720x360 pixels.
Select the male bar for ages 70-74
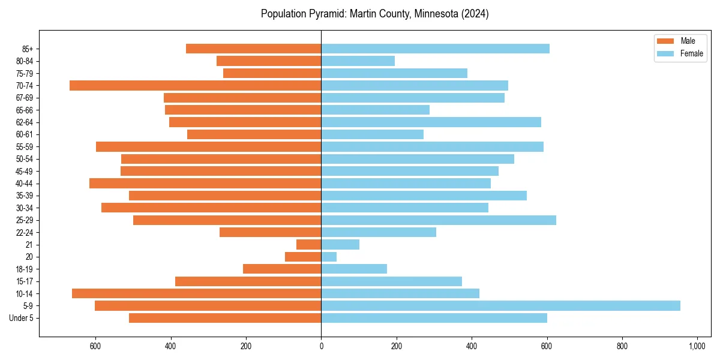point(195,86)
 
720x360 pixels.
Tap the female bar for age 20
point(329,257)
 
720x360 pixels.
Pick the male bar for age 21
point(309,245)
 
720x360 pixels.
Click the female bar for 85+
point(435,49)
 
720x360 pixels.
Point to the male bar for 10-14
point(196,293)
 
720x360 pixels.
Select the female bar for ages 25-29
point(438,220)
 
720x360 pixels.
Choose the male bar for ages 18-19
point(282,269)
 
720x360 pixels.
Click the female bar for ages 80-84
point(358,61)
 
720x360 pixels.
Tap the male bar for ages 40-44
point(205,184)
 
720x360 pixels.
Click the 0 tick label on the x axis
point(321,346)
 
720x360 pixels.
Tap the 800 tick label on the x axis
point(622,346)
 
